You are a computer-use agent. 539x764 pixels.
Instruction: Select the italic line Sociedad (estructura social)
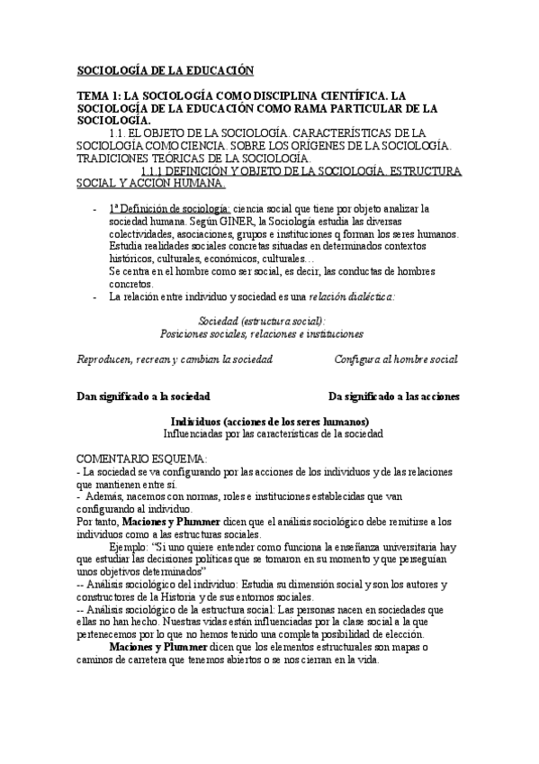(x=262, y=320)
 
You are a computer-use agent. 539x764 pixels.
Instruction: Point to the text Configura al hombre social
(x=396, y=359)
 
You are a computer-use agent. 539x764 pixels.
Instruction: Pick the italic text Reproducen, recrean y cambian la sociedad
(x=175, y=359)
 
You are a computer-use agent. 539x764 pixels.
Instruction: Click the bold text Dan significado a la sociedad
(x=144, y=396)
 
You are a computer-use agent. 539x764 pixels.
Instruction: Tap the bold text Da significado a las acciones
(x=394, y=396)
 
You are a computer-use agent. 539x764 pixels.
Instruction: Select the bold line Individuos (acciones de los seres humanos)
(x=269, y=421)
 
